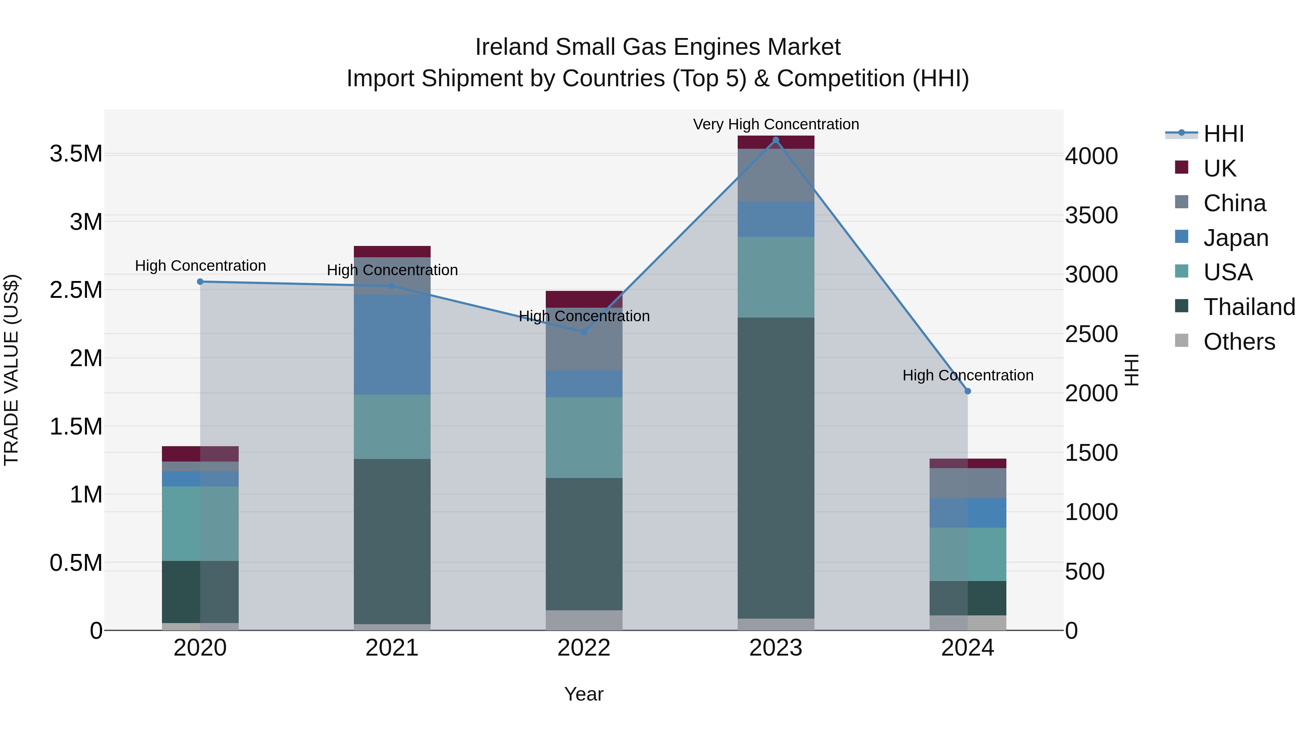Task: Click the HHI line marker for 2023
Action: [x=775, y=140]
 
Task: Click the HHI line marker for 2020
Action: [x=200, y=282]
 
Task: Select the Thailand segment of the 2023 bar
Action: [x=775, y=467]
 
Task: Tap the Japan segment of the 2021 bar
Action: [x=392, y=345]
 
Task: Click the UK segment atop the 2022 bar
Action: [x=584, y=299]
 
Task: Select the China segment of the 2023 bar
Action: [x=775, y=175]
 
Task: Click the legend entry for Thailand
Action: [x=1249, y=307]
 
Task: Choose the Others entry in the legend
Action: [x=1239, y=342]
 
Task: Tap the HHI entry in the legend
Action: [x=1223, y=134]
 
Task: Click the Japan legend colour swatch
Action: [x=1181, y=237]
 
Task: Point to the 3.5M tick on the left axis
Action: [x=76, y=154]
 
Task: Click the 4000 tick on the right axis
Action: [x=1091, y=156]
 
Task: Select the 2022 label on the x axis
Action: [x=584, y=648]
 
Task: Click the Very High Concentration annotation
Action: [x=775, y=124]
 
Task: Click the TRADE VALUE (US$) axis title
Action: [x=11, y=370]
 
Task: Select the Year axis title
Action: [x=584, y=694]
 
